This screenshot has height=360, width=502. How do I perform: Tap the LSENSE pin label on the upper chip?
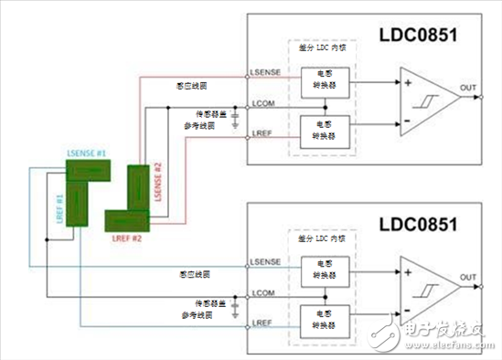[264, 70]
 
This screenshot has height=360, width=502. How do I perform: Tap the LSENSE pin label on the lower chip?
[264, 262]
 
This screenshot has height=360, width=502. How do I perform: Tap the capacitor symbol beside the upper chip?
[235, 117]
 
